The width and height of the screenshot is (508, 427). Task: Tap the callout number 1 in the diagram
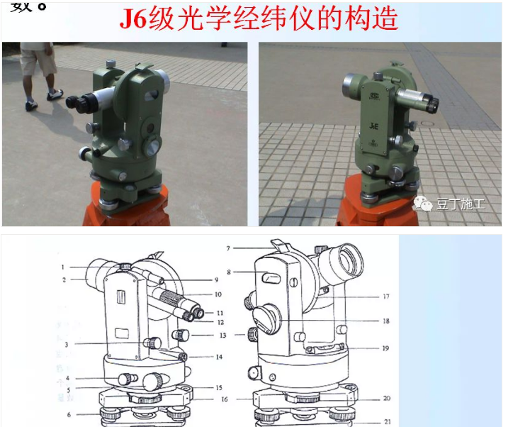pos(63,267)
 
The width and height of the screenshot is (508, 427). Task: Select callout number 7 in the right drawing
pos(229,248)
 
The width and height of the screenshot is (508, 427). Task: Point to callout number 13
pos(222,335)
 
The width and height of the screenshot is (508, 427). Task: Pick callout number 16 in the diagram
pos(223,400)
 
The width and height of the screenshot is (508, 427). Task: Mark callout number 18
pos(385,321)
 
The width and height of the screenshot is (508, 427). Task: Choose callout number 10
pos(218,293)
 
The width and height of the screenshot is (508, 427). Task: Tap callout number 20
pos(386,398)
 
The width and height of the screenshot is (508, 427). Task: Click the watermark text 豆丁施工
pos(461,204)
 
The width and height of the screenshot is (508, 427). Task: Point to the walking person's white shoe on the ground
pos(54,94)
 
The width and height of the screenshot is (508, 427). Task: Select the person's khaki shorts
pos(38,60)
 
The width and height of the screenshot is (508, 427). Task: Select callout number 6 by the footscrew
pos(68,414)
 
